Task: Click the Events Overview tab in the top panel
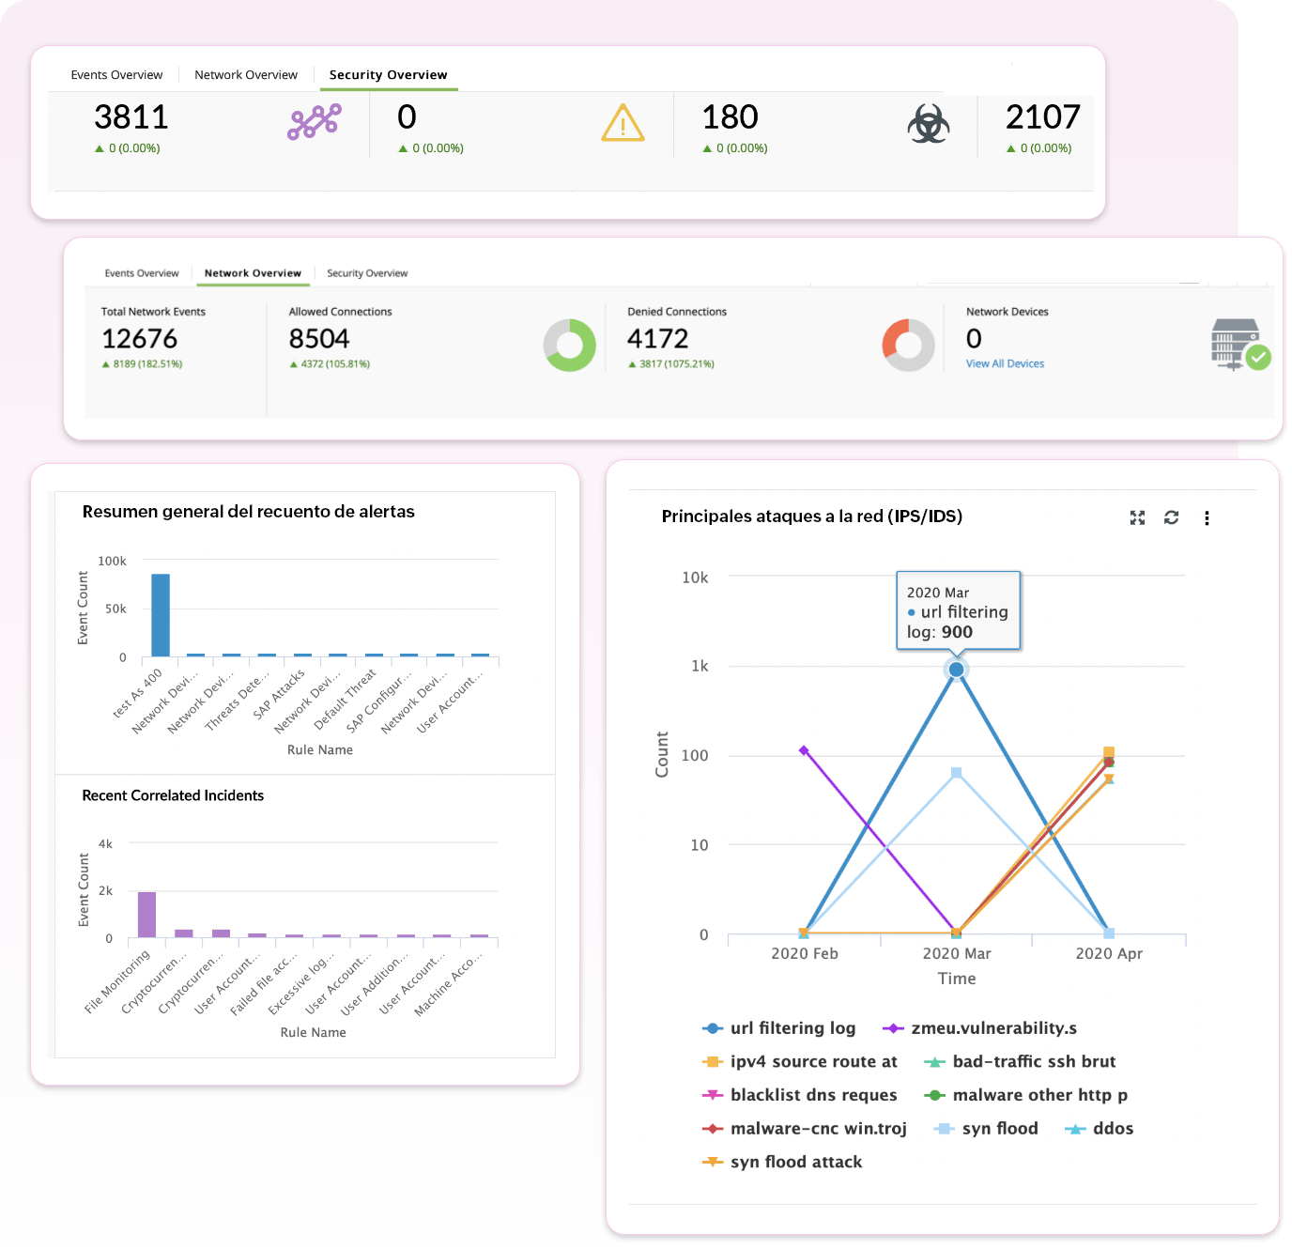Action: [x=116, y=75]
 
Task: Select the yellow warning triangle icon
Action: [x=623, y=124]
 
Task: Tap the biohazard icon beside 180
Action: [x=928, y=124]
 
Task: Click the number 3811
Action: [x=131, y=117]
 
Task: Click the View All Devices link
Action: [x=1005, y=364]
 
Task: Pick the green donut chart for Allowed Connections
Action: [x=570, y=345]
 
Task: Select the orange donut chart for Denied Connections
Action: [x=908, y=345]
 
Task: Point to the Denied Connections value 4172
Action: [x=657, y=339]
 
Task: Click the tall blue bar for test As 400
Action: [x=161, y=615]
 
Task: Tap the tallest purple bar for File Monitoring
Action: [x=146, y=914]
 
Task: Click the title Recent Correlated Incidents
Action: [x=173, y=795]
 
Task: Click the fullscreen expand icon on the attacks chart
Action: [x=1137, y=517]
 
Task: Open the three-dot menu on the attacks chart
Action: [x=1207, y=517]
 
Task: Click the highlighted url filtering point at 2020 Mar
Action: [x=956, y=670]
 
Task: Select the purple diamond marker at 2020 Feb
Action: [x=804, y=750]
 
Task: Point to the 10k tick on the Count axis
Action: [x=695, y=578]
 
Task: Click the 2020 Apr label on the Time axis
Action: [x=1109, y=954]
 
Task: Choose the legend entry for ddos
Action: [x=1113, y=1129]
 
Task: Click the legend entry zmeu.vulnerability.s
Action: [x=993, y=1028]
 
